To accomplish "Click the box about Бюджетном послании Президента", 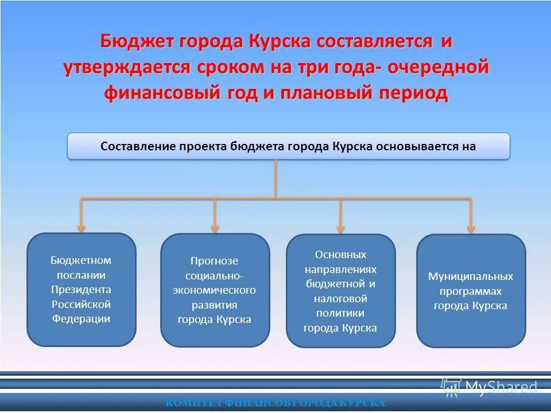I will click(82, 290).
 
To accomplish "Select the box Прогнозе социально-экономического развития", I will click(215, 290).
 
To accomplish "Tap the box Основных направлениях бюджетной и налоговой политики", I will click(340, 291).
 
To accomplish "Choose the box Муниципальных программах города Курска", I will click(471, 291).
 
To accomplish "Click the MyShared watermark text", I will click(500, 388).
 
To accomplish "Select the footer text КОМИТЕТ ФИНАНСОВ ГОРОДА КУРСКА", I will click(275, 403).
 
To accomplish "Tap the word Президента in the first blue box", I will click(82, 290).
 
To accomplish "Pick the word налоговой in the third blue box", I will click(340, 299).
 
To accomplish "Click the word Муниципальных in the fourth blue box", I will click(471, 276).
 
